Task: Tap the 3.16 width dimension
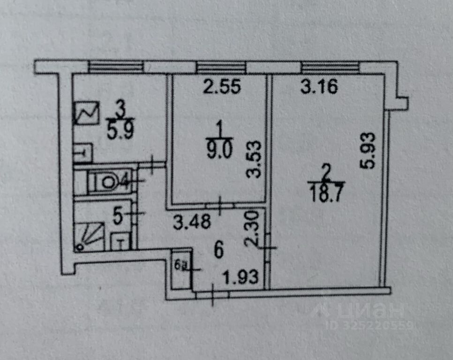(319, 87)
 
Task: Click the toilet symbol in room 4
(105, 181)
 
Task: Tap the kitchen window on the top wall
(115, 67)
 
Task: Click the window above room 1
(221, 67)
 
